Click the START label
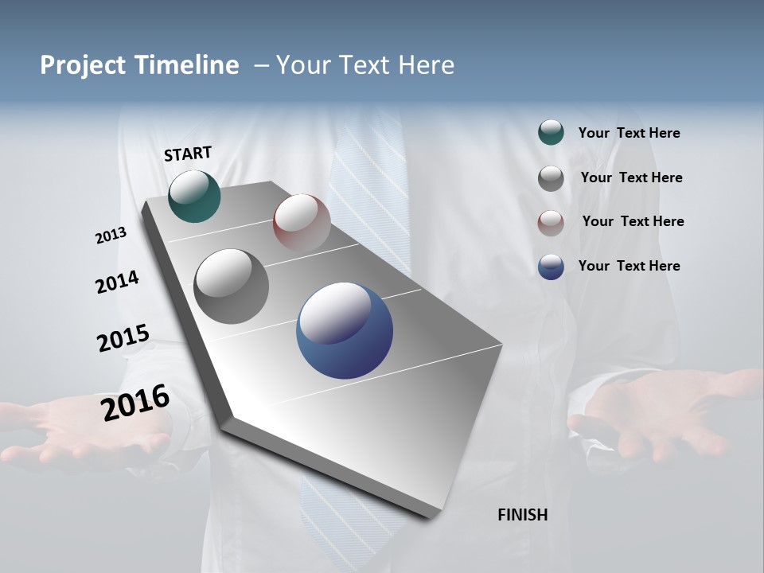pos(188,154)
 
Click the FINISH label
pos(523,515)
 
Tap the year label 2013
pos(111,236)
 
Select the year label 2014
pos(117,282)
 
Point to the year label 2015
pos(123,338)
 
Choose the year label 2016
pos(135,403)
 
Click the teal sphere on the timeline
pos(194,196)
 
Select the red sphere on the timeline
pos(302,222)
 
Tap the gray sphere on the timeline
pos(232,286)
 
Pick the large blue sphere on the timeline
pos(345,330)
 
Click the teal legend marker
pos(551,133)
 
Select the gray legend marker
pos(551,178)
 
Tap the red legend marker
pos(551,222)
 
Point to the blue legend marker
pos(551,267)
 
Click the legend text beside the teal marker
pos(629,134)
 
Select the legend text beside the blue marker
pos(629,266)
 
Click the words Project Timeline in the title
pos(139,65)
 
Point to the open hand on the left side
pos(80,430)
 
